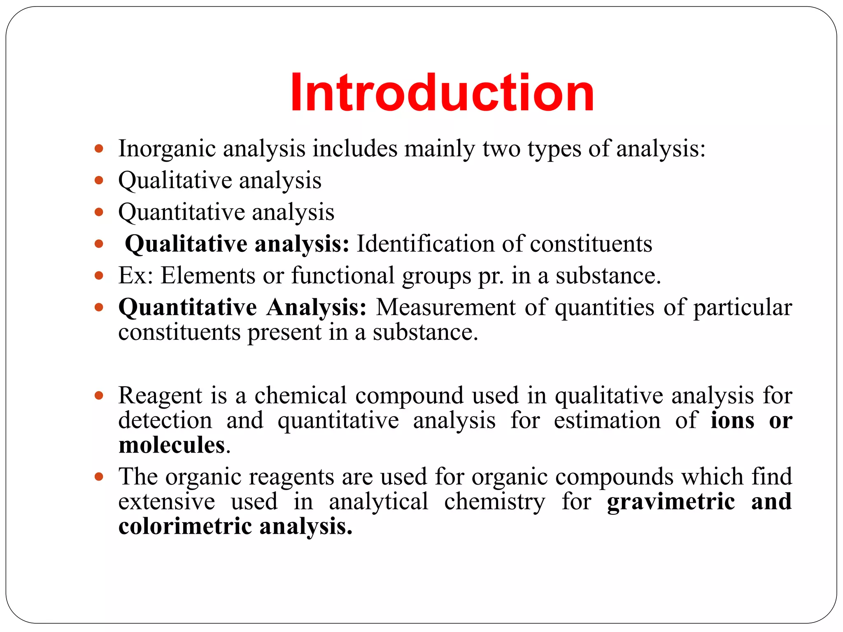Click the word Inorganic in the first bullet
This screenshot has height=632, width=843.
[x=167, y=149]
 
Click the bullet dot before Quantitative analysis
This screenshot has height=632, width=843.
[x=99, y=212]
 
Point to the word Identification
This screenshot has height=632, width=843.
[x=425, y=244]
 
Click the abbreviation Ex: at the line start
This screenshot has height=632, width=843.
[x=135, y=275]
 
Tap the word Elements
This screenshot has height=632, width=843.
[x=208, y=275]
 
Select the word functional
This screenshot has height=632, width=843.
[x=343, y=275]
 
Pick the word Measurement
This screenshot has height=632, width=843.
[x=445, y=307]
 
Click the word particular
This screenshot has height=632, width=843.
[x=743, y=308]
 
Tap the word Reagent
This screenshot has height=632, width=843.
[x=160, y=396]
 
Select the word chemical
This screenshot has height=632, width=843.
[x=300, y=395]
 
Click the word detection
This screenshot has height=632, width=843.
[x=165, y=421]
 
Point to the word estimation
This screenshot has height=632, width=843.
[x=607, y=421]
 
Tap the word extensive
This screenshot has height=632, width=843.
[x=167, y=502]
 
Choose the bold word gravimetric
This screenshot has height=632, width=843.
[x=671, y=502]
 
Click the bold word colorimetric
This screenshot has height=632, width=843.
[x=185, y=526]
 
